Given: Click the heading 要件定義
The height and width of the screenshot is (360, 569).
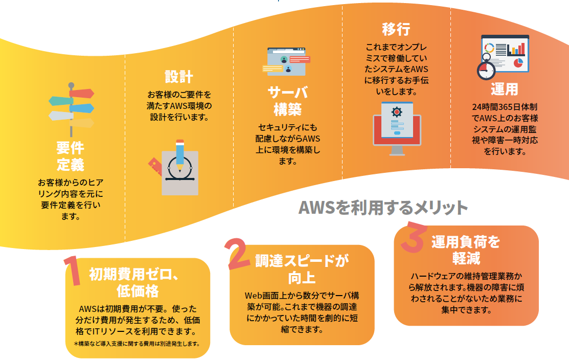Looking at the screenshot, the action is point(71,156).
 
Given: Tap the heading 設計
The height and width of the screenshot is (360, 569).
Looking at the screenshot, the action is point(179,77).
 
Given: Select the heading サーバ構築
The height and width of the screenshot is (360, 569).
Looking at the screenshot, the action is point(288,101).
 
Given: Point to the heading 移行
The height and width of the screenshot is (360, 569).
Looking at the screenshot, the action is point(396,29).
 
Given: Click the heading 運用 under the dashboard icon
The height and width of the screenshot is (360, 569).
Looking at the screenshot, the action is point(505,89).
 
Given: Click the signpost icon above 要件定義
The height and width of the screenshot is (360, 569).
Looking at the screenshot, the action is point(72,109).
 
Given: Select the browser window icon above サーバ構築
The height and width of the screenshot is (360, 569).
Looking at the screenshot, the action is point(286,61).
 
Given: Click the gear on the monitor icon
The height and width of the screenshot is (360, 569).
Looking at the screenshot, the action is point(397,112).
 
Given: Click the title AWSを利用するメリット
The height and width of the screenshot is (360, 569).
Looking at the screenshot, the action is point(383,208).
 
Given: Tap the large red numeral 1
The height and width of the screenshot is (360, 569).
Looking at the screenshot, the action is point(73,271).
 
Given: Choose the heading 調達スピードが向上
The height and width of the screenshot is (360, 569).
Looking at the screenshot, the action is point(302,269).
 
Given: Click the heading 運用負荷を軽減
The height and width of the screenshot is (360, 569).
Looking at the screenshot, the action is point(466,250).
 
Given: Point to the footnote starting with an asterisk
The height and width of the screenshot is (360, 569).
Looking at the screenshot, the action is point(137,344).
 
